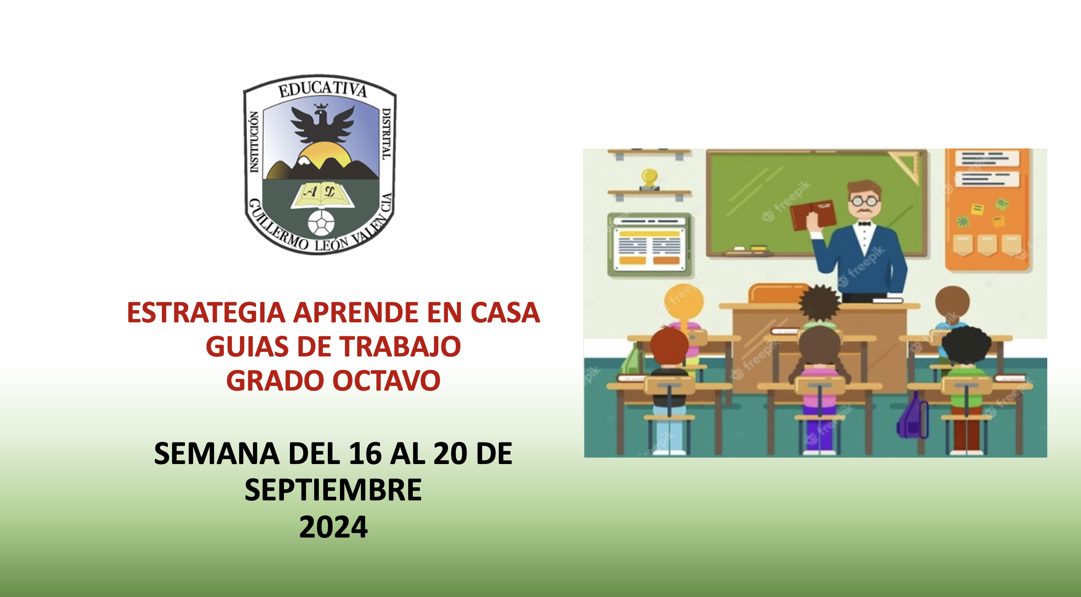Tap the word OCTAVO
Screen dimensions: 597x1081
[387, 381]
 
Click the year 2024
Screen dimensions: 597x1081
[333, 527]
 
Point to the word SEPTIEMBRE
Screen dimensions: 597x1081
[333, 490]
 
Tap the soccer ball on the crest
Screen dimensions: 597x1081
[321, 222]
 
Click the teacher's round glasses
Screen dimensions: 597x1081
[865, 202]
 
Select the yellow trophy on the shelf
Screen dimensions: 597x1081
[649, 178]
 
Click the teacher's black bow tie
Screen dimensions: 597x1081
[864, 223]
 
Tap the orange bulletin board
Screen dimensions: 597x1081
[986, 210]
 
